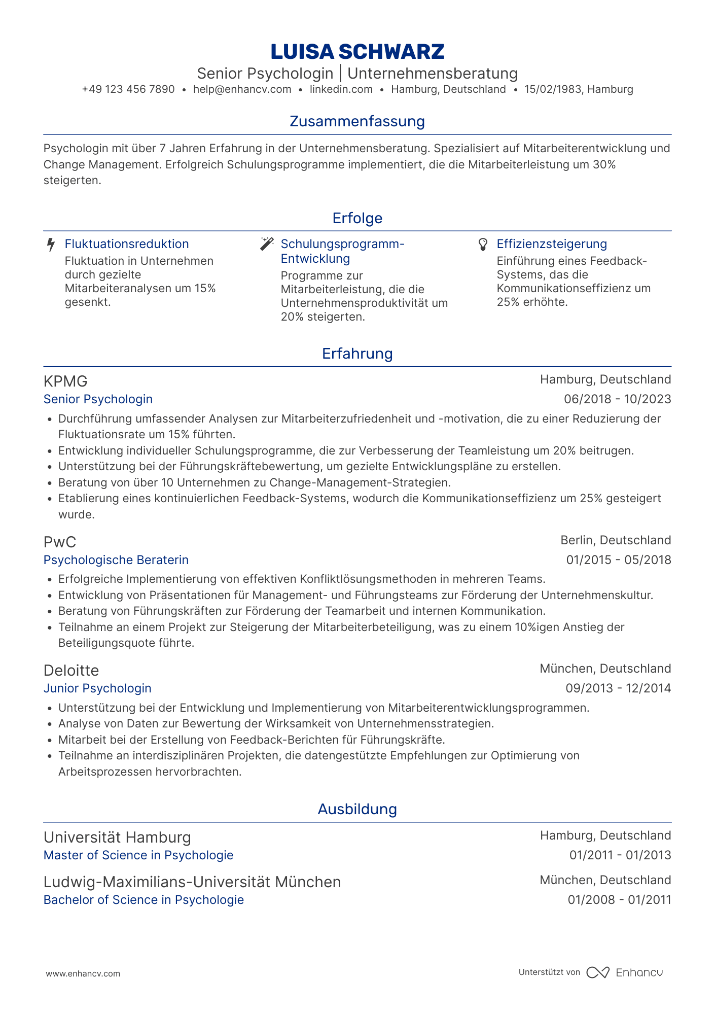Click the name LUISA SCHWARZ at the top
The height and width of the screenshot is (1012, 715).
[x=357, y=52]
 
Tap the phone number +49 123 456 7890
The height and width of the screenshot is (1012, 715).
[x=128, y=90]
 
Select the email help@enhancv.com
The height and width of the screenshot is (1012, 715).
[x=242, y=90]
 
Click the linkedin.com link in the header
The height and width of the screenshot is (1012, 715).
[x=341, y=90]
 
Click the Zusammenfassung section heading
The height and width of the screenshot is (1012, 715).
[x=357, y=121]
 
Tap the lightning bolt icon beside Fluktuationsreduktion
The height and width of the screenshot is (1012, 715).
[x=51, y=245]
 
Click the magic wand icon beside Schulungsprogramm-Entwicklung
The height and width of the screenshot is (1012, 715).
[x=267, y=244]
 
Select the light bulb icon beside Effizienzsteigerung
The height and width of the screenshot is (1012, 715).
[x=483, y=245]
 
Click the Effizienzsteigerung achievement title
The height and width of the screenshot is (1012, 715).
[x=552, y=244]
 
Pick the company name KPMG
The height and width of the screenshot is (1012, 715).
[x=65, y=381]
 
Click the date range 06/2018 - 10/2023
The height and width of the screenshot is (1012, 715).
[x=617, y=399]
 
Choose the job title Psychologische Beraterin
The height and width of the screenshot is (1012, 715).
[x=116, y=560]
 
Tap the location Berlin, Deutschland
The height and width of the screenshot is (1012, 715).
[x=616, y=540]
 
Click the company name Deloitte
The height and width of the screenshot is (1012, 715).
[x=71, y=671]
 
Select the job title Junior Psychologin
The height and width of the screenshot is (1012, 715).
[x=97, y=688]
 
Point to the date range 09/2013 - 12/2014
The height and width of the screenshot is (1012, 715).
[x=618, y=688]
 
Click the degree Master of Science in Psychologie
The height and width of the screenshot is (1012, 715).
[x=138, y=855]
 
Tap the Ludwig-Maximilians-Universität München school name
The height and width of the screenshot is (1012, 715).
[x=192, y=882]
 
